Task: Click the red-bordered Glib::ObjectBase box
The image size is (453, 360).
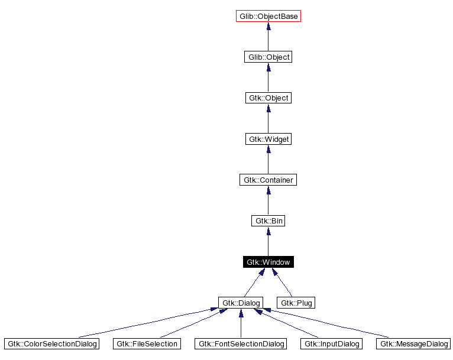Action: [x=268, y=16]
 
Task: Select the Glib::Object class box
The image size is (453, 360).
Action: [x=268, y=57]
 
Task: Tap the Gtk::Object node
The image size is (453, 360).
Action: [x=268, y=98]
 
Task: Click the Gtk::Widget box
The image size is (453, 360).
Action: [x=268, y=139]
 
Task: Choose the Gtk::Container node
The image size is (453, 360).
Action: [x=268, y=180]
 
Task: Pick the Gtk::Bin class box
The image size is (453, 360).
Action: [x=268, y=220]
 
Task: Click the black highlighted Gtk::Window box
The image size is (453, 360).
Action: [x=268, y=262]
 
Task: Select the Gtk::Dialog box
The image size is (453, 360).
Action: [x=240, y=303]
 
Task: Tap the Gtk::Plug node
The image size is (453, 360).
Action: [x=296, y=303]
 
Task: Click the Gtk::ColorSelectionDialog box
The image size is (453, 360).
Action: [x=51, y=343]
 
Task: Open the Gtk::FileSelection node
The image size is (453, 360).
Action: [x=145, y=343]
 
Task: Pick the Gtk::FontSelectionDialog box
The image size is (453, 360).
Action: [x=241, y=343]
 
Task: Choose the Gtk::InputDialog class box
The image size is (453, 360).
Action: [x=331, y=343]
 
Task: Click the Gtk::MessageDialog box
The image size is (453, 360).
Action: [x=414, y=343]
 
